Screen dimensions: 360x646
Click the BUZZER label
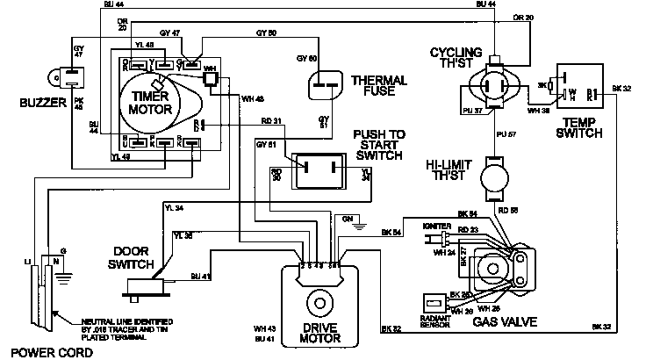click(25, 104)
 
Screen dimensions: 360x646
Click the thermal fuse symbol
click(326, 86)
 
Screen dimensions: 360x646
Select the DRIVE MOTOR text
click(321, 335)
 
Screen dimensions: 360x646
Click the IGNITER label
click(436, 226)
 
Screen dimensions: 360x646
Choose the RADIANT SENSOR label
click(436, 322)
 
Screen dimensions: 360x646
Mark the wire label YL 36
click(184, 234)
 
